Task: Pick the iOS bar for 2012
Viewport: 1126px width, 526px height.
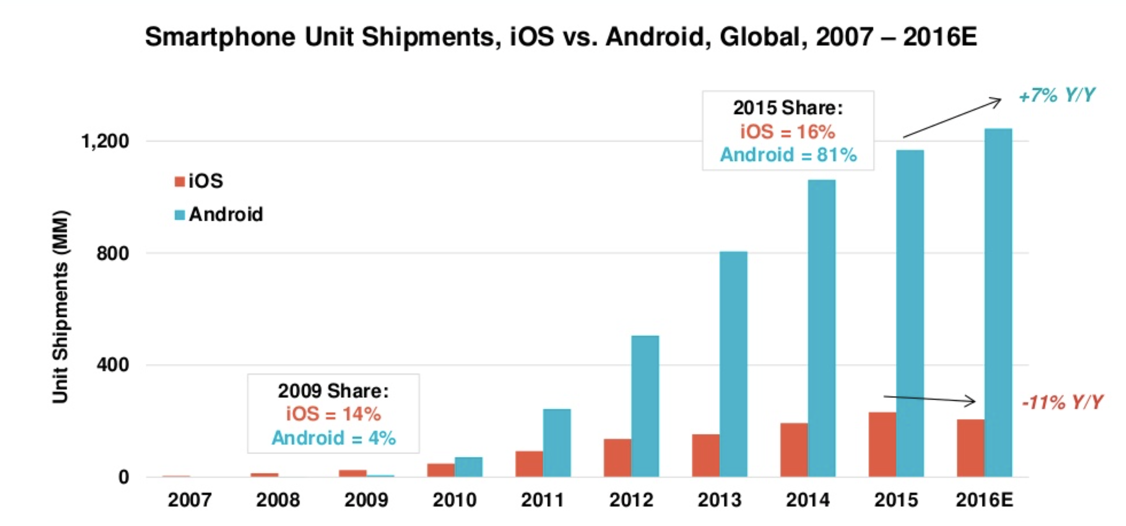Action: pyautogui.click(x=617, y=458)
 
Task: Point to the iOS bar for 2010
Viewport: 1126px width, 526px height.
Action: pyautogui.click(x=440, y=470)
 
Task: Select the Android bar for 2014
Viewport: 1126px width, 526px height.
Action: pyautogui.click(x=822, y=328)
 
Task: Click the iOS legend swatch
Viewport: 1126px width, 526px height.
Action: pyautogui.click(x=179, y=181)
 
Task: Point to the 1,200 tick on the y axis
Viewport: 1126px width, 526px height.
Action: pyautogui.click(x=105, y=141)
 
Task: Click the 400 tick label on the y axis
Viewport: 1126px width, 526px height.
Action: pyautogui.click(x=113, y=365)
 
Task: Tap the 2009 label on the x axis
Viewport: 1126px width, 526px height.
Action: pyautogui.click(x=366, y=500)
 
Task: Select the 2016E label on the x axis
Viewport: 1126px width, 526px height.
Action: pyautogui.click(x=985, y=500)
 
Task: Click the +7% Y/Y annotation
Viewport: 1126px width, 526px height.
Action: pyautogui.click(x=1057, y=95)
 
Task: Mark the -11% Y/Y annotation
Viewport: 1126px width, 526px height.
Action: pyautogui.click(x=1062, y=402)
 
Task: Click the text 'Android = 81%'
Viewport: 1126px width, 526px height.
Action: pyautogui.click(x=788, y=155)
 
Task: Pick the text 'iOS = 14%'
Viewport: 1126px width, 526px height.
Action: pyautogui.click(x=333, y=414)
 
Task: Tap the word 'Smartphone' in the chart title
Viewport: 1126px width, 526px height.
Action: pyautogui.click(x=220, y=37)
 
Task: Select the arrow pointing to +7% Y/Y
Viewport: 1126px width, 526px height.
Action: pyautogui.click(x=952, y=119)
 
